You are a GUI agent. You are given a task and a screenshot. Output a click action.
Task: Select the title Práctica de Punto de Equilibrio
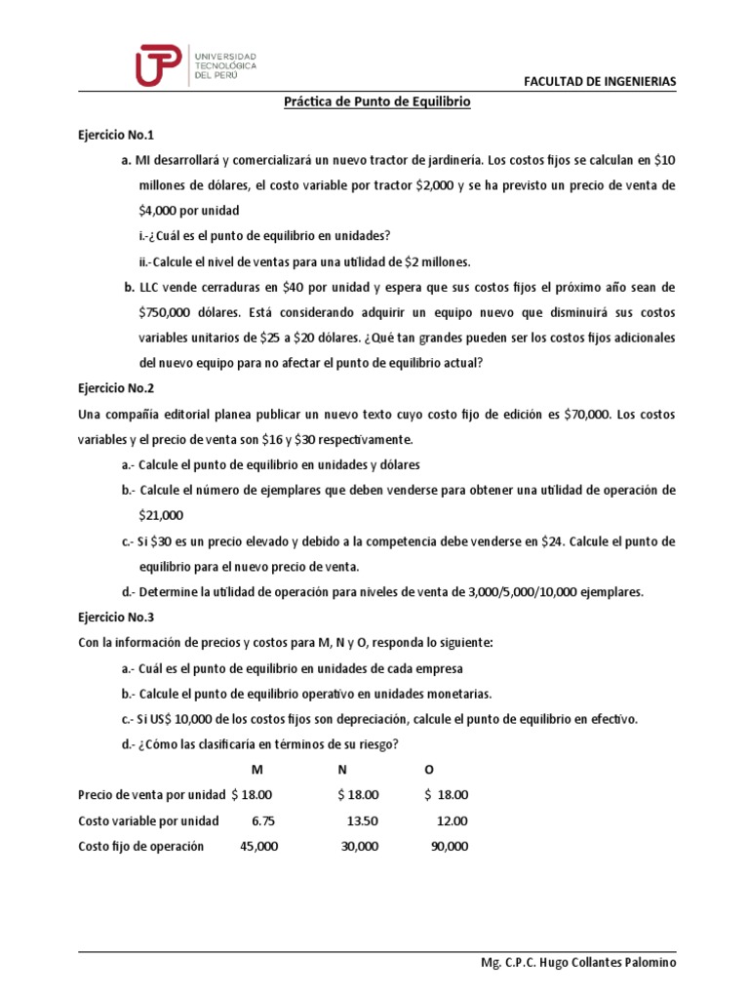pos(376,101)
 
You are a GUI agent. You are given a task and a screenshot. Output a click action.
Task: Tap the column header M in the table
pos(257,770)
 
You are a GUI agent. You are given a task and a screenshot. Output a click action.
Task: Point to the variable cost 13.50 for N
pos(361,820)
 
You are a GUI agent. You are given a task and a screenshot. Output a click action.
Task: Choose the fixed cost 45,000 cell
pos(258,846)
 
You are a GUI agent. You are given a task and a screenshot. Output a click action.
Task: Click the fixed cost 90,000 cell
pos(449,846)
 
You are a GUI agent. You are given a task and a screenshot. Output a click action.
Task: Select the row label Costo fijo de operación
pos(141,846)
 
